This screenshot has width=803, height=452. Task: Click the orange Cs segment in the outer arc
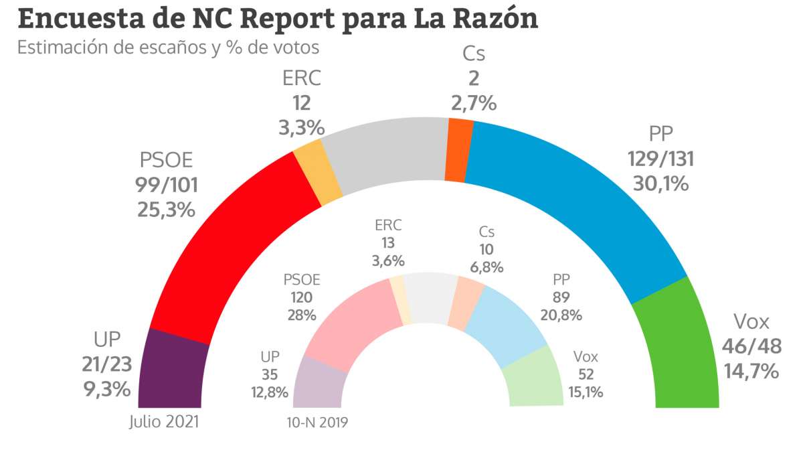[459, 150]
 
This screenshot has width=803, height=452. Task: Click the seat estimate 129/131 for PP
[660, 159]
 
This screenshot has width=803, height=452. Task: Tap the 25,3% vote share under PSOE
[167, 210]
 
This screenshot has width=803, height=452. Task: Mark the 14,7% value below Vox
[751, 370]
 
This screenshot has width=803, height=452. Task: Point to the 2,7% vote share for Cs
[474, 104]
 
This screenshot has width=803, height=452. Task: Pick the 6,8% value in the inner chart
[486, 267]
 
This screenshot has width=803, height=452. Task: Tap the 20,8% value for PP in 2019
[561, 314]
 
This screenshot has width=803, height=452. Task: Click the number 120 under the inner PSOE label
[302, 297]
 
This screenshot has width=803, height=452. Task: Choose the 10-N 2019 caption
[317, 423]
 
